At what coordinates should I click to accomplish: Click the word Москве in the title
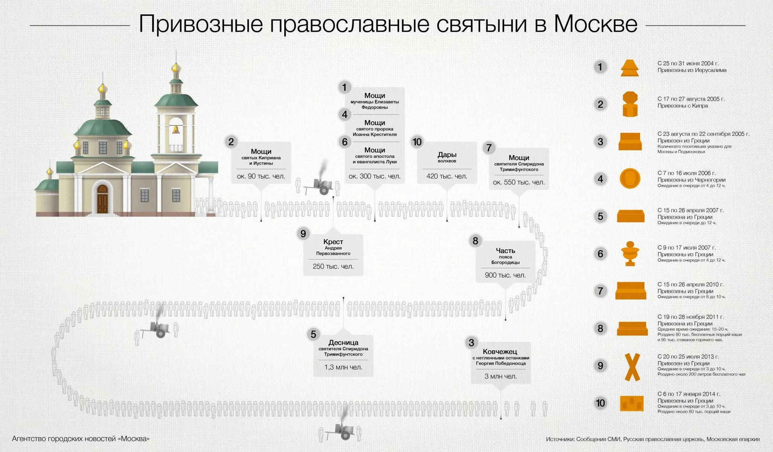click(595, 24)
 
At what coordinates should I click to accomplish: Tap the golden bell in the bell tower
click(175, 130)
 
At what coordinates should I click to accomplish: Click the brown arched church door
click(102, 199)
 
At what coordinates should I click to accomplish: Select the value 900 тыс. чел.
click(505, 275)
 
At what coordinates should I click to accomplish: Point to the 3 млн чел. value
click(500, 376)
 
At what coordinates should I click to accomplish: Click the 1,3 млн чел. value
click(343, 367)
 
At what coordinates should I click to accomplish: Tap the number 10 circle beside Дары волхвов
click(417, 142)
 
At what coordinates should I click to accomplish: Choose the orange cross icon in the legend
click(632, 367)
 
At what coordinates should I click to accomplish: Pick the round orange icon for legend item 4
click(630, 179)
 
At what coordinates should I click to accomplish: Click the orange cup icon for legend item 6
click(630, 253)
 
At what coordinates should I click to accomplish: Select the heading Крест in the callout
click(333, 242)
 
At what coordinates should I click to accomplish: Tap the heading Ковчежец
click(500, 351)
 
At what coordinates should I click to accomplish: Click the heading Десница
click(343, 342)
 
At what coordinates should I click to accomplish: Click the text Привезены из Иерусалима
click(692, 70)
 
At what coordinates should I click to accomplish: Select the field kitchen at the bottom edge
click(341, 430)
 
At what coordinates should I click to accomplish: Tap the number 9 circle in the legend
click(600, 366)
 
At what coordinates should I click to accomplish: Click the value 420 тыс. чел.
click(447, 176)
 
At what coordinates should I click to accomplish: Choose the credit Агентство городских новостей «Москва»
click(81, 439)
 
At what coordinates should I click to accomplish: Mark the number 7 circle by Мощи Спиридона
click(489, 148)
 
